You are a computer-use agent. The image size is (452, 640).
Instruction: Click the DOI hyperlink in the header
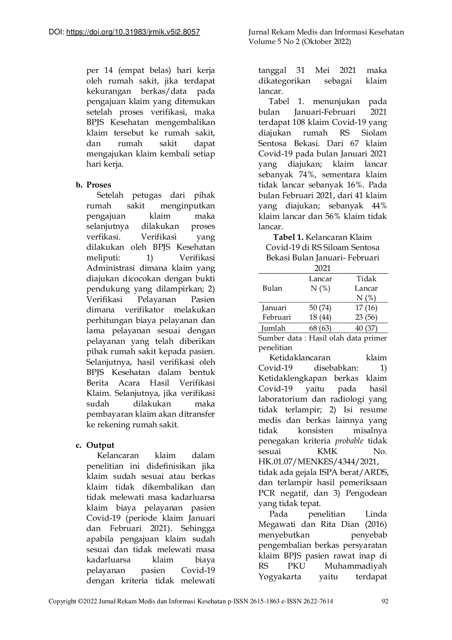(133, 32)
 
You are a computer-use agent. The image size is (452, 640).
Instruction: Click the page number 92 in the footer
(385, 601)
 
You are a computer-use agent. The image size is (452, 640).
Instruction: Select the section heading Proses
(99, 185)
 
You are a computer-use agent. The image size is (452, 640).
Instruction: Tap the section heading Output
(100, 445)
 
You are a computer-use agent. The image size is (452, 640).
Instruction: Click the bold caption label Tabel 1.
(288, 237)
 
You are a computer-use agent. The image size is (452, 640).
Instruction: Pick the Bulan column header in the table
(272, 288)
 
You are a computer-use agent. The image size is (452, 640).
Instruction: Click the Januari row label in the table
(274, 308)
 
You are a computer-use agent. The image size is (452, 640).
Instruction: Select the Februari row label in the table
(277, 317)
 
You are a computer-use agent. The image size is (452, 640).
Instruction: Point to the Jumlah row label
(273, 328)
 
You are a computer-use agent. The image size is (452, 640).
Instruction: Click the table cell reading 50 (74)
(320, 308)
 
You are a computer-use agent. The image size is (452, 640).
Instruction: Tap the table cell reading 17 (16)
(366, 308)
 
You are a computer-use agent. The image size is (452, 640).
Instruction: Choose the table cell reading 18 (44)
(320, 317)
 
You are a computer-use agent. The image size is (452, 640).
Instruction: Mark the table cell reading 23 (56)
(366, 317)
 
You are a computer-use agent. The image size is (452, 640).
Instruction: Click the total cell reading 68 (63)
(320, 328)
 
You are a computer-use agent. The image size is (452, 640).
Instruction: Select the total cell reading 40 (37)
(366, 328)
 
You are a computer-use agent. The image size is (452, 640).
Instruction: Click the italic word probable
(349, 441)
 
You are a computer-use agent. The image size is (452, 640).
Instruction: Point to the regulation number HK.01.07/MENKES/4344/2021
(318, 462)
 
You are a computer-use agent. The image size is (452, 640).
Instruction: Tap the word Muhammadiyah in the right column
(355, 566)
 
